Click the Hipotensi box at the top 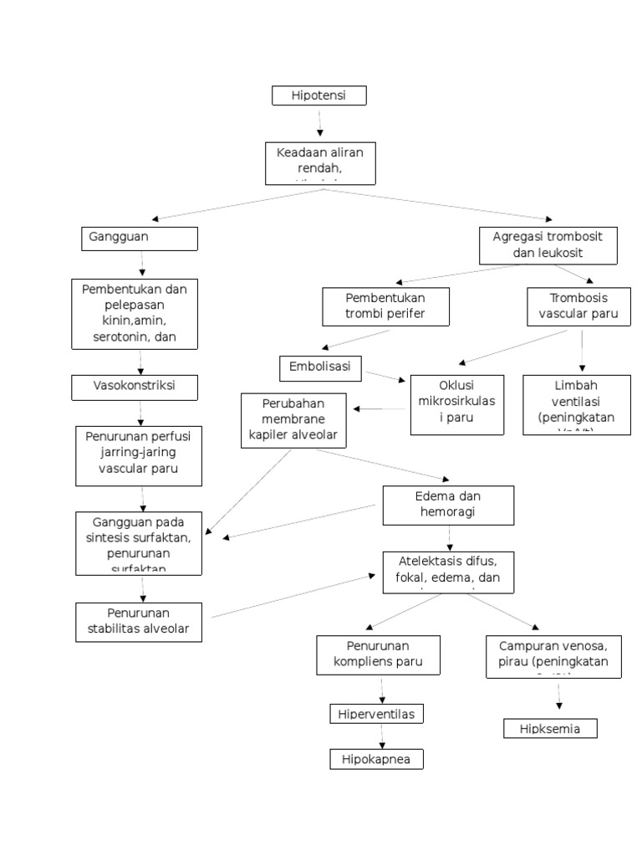pyautogui.click(x=318, y=96)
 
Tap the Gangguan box pyautogui.click(x=140, y=239)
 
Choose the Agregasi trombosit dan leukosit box pyautogui.click(x=548, y=244)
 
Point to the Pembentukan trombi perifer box pyautogui.click(x=385, y=306)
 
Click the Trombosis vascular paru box pyautogui.click(x=578, y=306)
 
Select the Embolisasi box pyautogui.click(x=321, y=367)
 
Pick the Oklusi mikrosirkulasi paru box pyautogui.click(x=456, y=405)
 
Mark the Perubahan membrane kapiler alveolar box pyautogui.click(x=293, y=419)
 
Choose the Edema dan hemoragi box pyautogui.click(x=447, y=505)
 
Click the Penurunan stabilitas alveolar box pyautogui.click(x=139, y=622)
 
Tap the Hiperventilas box pyautogui.click(x=376, y=714)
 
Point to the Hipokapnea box pyautogui.click(x=376, y=759)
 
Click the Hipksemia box pyautogui.click(x=553, y=729)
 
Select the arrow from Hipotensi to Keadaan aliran pyautogui.click(x=319, y=123)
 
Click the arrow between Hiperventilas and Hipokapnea pyautogui.click(x=382, y=736)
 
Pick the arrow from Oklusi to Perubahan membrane pyautogui.click(x=381, y=409)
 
